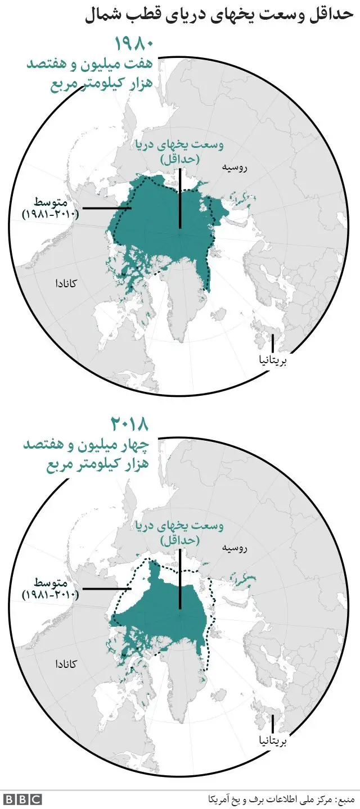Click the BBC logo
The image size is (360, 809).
22,798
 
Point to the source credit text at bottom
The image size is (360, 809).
281,798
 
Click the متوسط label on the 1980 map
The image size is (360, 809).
52,202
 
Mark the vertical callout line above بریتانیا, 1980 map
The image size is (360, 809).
273,344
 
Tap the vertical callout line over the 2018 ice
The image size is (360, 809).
180,579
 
